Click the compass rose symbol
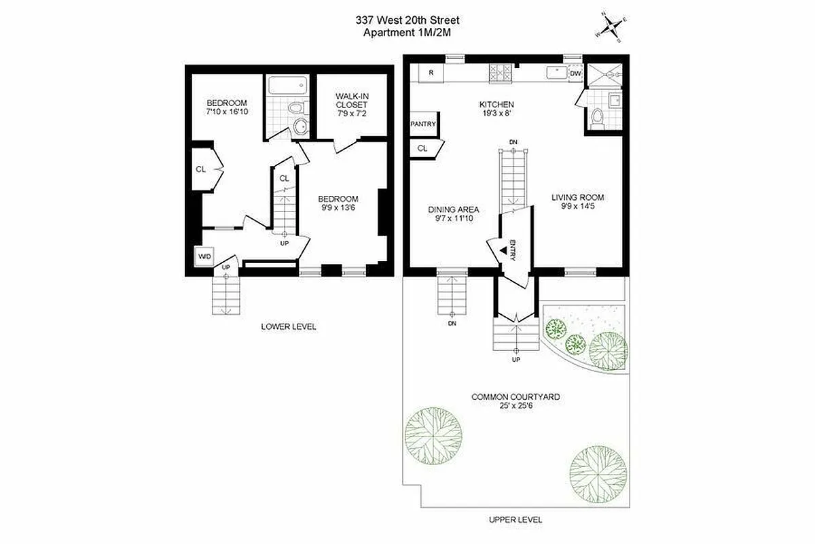(611, 27)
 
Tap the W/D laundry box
(204, 256)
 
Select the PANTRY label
(422, 124)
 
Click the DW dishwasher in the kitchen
(575, 73)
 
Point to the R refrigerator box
(431, 71)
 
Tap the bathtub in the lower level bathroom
(288, 86)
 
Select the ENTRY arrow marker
(503, 251)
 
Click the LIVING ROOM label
(577, 198)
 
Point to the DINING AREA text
(454, 209)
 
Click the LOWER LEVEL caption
(289, 326)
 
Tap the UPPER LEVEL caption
(515, 520)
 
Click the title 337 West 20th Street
(407, 20)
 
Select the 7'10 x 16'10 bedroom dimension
(227, 111)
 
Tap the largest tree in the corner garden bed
(608, 350)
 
